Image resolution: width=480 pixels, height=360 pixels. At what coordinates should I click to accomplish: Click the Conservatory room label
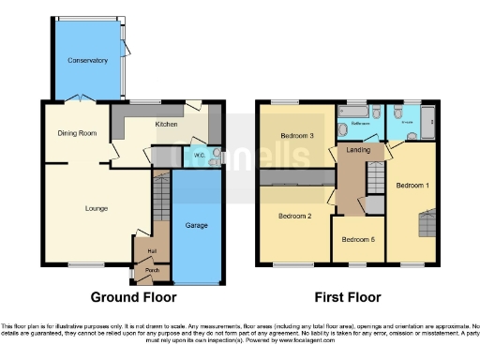pyautogui.click(x=86, y=60)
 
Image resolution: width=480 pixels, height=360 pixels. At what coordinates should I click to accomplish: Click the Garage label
pyautogui.click(x=197, y=226)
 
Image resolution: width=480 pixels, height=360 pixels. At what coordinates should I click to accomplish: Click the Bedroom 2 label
pyautogui.click(x=294, y=217)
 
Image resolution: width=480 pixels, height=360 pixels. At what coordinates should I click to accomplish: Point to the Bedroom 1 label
pyautogui.click(x=412, y=186)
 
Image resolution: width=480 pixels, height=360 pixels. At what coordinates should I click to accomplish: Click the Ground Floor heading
pyautogui.click(x=133, y=297)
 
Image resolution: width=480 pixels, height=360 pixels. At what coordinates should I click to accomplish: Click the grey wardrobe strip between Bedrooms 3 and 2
pyautogui.click(x=296, y=177)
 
